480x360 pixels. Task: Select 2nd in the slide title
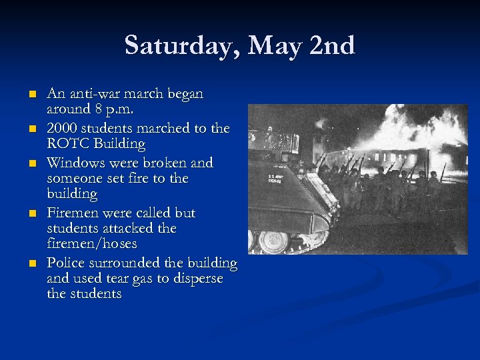(333, 46)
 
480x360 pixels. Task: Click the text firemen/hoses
(91, 244)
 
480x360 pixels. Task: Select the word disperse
(196, 279)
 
